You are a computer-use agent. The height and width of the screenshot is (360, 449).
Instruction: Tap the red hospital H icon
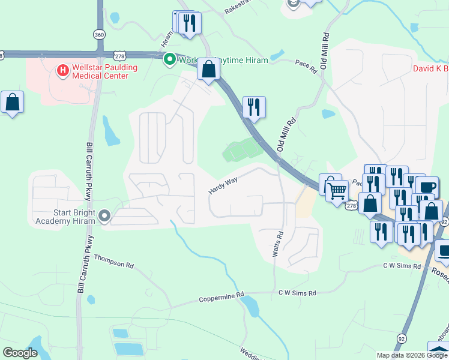pos(62,71)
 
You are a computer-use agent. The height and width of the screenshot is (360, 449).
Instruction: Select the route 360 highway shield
pos(99,35)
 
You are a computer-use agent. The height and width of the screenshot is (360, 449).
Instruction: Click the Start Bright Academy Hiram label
pos(62,215)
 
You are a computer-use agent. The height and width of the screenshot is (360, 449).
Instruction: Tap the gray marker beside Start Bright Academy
pos(105,215)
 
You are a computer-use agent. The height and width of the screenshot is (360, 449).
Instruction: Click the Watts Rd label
pos(278,245)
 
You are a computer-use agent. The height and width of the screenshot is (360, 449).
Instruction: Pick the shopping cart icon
pos(338,191)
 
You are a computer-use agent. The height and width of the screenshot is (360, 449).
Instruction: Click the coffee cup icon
pos(427,187)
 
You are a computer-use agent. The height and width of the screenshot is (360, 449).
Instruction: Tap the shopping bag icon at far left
pos(12,103)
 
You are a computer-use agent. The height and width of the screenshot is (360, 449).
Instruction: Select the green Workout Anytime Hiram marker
pos(169,59)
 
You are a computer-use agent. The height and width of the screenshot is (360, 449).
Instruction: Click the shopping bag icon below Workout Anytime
pos(208,70)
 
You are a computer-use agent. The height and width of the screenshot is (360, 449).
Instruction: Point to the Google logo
pos(20,352)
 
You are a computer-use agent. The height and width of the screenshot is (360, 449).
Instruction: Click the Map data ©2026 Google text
pos(411,355)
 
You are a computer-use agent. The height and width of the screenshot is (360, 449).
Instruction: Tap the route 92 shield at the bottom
pos(401,339)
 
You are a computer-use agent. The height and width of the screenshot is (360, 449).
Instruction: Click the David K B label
pos(430,68)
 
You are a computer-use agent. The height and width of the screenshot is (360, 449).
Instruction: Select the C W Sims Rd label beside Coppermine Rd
pos(297,293)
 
